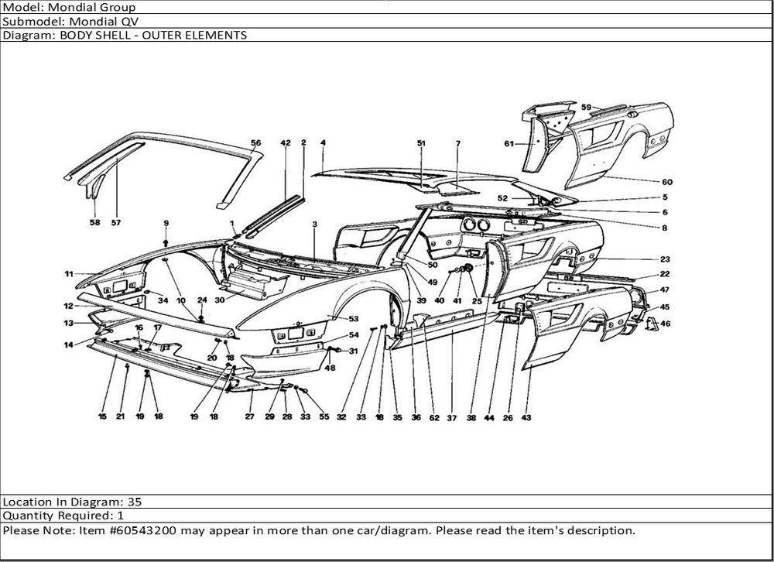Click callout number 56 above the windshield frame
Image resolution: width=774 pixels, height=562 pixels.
[256, 143]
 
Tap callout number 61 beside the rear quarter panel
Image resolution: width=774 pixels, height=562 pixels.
[509, 143]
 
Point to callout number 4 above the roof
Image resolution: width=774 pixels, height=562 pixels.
[322, 143]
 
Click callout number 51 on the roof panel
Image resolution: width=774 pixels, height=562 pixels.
[421, 143]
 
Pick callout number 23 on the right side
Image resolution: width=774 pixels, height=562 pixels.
[665, 259]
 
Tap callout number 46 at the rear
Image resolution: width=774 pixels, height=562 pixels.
[665, 324]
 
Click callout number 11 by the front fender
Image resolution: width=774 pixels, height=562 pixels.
[69, 274]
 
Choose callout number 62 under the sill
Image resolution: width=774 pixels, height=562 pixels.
[434, 417]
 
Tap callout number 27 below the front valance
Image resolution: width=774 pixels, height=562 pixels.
[249, 416]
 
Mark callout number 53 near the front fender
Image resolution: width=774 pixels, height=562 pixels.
[354, 319]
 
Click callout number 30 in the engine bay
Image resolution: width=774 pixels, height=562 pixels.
[220, 300]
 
